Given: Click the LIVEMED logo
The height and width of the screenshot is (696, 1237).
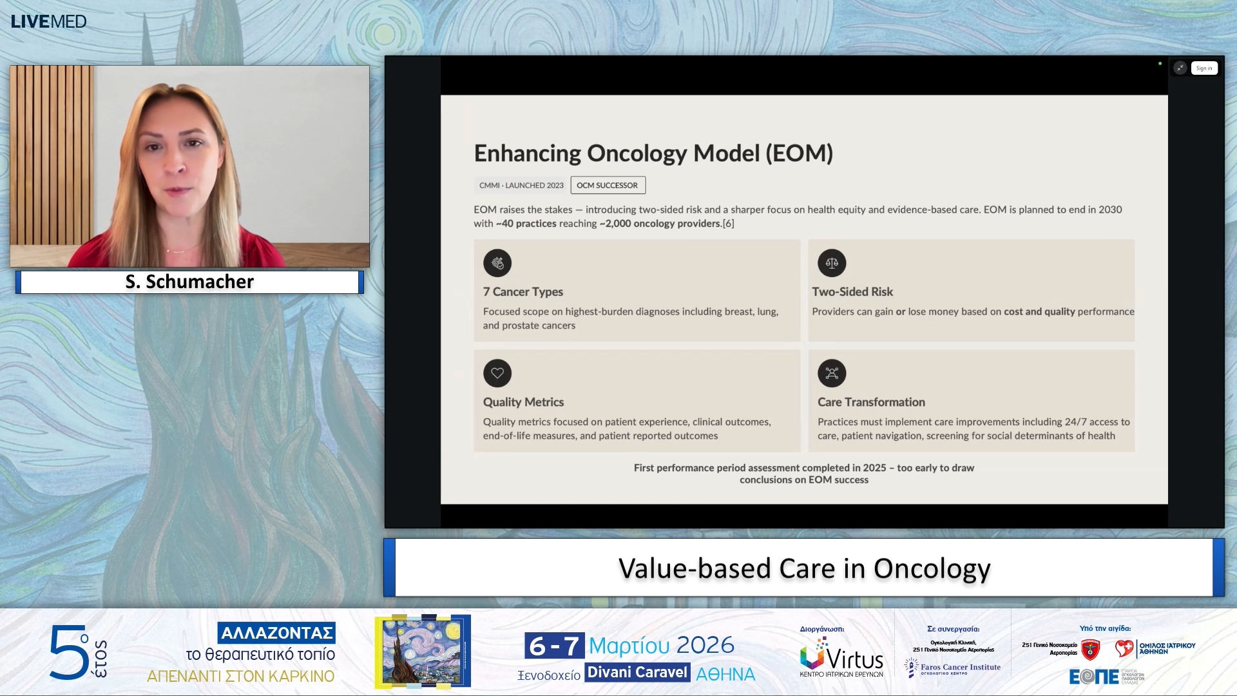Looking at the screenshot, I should pos(48,21).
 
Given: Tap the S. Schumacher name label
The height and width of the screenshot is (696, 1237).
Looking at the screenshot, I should pos(189,282).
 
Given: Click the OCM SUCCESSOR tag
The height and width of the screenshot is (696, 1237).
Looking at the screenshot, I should pos(608,186).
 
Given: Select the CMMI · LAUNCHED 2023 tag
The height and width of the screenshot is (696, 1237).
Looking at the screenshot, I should pos(521,186).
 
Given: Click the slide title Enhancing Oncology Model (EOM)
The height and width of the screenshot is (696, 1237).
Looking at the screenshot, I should pos(653,153).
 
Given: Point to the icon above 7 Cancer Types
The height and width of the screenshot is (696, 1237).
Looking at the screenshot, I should pos(497,263).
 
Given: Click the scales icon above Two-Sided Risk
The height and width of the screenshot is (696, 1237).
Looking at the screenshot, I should pos(832,263).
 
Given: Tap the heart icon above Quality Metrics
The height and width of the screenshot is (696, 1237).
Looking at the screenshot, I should pos(497,373).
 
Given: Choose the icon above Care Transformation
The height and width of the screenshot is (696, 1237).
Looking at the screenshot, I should pos(832,373).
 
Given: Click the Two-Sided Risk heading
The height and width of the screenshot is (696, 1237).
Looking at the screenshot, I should pos(852,292).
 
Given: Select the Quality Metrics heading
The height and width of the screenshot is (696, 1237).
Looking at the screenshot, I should pos(523,402).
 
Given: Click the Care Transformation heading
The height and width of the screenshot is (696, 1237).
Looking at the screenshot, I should pos(871,402).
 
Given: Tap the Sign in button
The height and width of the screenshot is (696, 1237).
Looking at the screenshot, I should pos(1203,68).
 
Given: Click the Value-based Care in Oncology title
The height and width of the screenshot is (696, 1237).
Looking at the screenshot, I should pos(804,568).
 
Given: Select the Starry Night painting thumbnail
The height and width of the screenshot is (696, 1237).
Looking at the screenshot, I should pos(423,651).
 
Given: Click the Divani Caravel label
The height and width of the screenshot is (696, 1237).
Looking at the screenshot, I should pos(637,673).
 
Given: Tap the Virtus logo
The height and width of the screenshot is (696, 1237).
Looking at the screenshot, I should pos(841,657).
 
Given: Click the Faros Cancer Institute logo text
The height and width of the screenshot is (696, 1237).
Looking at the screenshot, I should pos(960,668).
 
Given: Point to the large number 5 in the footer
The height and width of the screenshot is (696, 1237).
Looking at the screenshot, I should pos(68,652).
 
